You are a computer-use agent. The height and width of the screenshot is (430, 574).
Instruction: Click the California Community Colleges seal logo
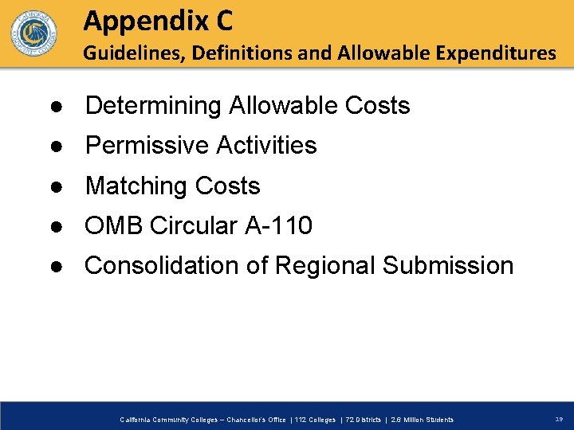pyautogui.click(x=33, y=34)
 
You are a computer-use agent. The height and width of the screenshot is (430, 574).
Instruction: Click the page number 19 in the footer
pyautogui.click(x=558, y=419)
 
